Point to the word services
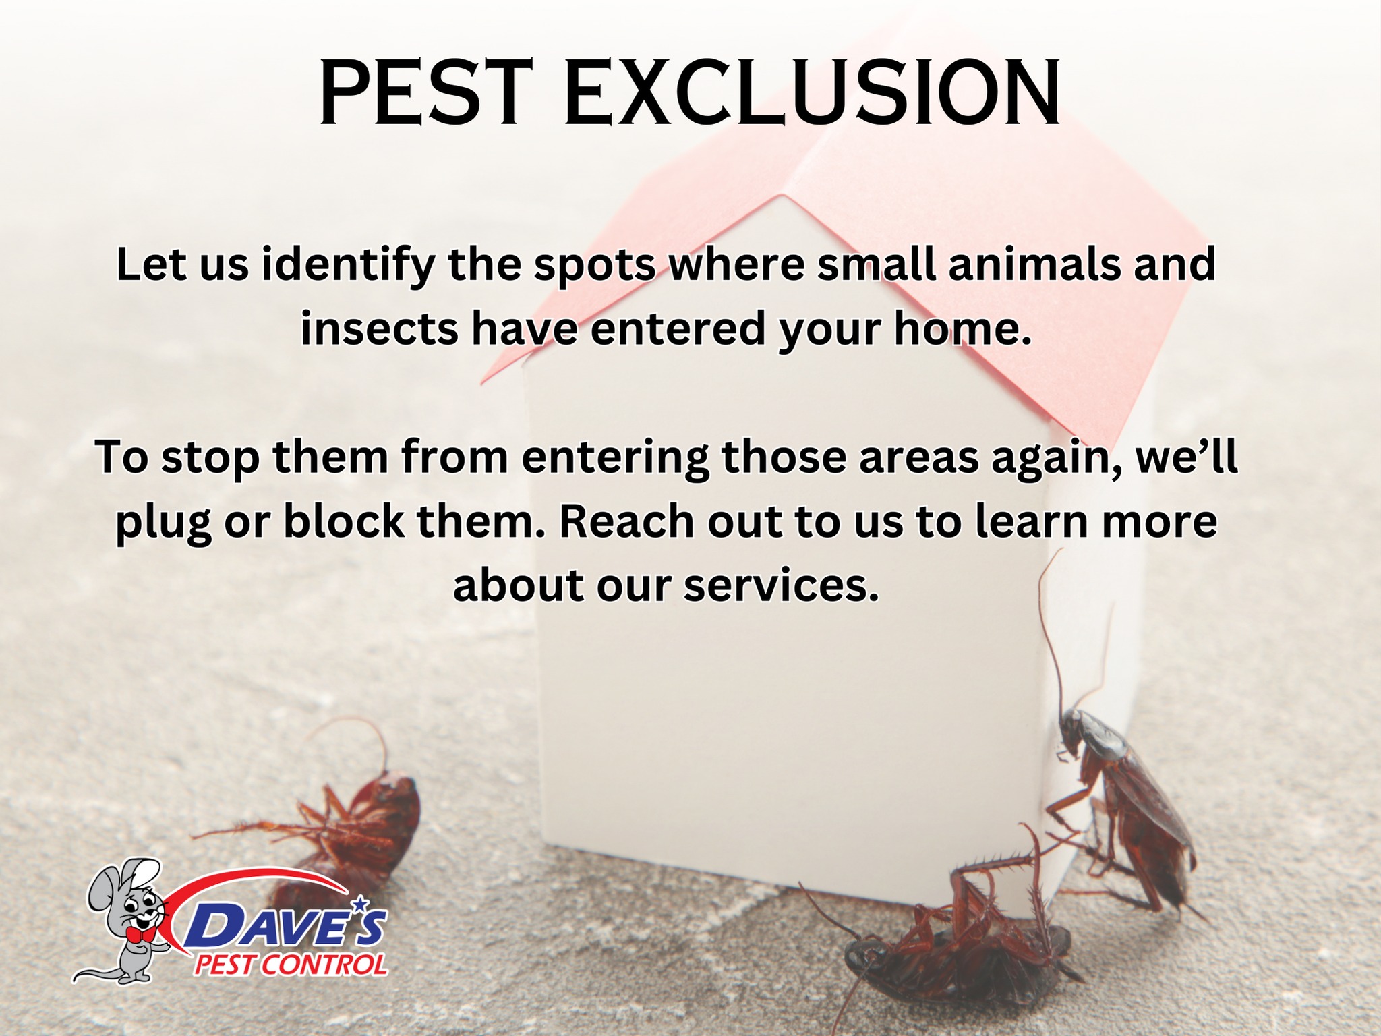click(x=782, y=586)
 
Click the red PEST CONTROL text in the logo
click(x=291, y=965)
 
